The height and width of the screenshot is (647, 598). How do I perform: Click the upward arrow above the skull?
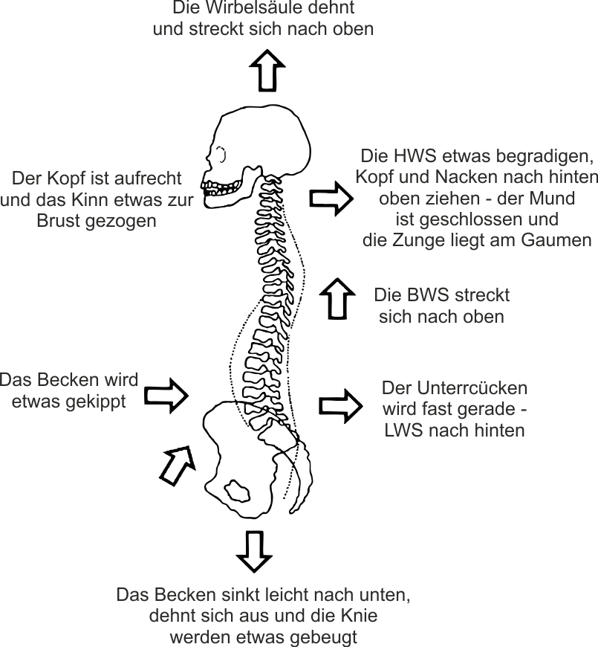267,71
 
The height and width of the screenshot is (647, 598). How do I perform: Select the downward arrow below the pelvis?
254,551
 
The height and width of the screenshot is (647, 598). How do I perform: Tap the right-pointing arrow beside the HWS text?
331,199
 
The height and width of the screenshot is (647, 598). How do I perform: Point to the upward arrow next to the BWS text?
337,299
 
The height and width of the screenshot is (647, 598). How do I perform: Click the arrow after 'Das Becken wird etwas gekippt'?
166,396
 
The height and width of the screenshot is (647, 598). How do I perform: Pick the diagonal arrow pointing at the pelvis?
178,465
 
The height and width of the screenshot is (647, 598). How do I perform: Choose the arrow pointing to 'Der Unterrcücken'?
341,407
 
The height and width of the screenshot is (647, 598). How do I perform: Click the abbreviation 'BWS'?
423,295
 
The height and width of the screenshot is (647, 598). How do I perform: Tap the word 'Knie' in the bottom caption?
360,616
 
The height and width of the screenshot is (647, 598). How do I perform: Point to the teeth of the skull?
221,188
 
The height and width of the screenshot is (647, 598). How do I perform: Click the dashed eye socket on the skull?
221,155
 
